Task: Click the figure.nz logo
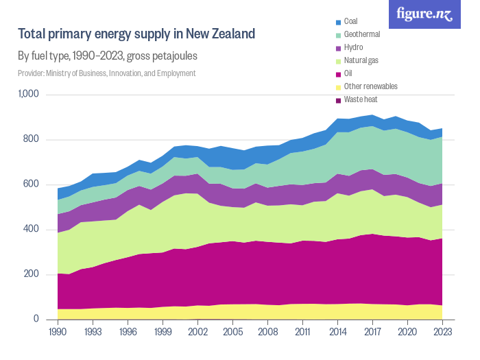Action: tap(425, 14)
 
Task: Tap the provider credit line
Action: tap(106, 73)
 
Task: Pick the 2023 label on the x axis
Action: tap(443, 332)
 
